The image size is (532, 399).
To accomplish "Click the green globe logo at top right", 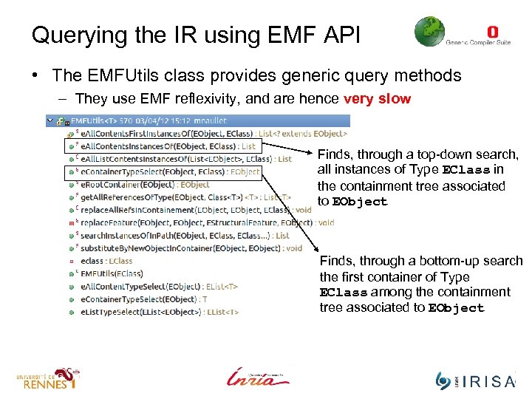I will click(x=429, y=33).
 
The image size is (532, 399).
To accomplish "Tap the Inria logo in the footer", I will click(x=258, y=377).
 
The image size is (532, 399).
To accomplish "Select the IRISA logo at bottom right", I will click(x=474, y=380).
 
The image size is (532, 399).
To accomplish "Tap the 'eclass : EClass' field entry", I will click(x=106, y=260).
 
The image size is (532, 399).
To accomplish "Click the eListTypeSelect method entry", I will click(x=159, y=311).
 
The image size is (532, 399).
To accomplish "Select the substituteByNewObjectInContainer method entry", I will click(x=191, y=248).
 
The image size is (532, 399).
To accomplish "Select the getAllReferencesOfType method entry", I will click(x=185, y=197).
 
